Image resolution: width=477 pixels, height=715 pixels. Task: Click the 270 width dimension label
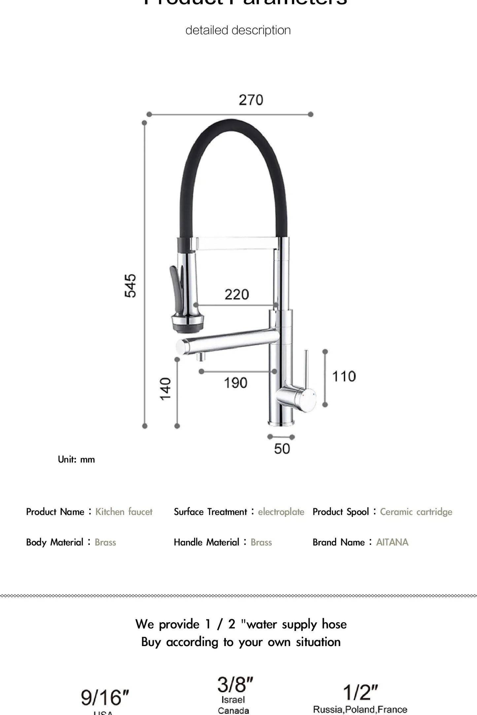point(251,100)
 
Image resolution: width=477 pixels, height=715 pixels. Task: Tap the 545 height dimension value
point(130,286)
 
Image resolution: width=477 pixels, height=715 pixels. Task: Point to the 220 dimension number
point(237,294)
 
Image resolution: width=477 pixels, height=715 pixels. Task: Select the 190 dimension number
point(235,383)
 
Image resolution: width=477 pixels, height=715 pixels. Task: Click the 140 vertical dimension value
point(165,389)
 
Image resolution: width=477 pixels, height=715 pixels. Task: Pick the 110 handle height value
point(344,376)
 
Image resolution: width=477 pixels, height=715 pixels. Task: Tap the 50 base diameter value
point(282,449)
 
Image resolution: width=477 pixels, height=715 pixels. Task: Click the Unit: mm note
point(76,459)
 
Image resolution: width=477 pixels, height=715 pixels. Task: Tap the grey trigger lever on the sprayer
point(175,280)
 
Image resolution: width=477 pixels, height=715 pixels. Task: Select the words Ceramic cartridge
point(416,512)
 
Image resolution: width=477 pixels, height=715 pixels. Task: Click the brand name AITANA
point(392,542)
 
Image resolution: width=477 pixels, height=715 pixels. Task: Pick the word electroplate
point(281,512)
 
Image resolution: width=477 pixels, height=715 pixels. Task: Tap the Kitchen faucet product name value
point(124,512)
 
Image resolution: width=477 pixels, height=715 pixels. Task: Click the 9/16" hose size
point(105,698)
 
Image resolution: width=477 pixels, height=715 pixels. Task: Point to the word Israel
point(233,699)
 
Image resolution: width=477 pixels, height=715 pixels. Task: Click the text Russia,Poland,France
point(360,709)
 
